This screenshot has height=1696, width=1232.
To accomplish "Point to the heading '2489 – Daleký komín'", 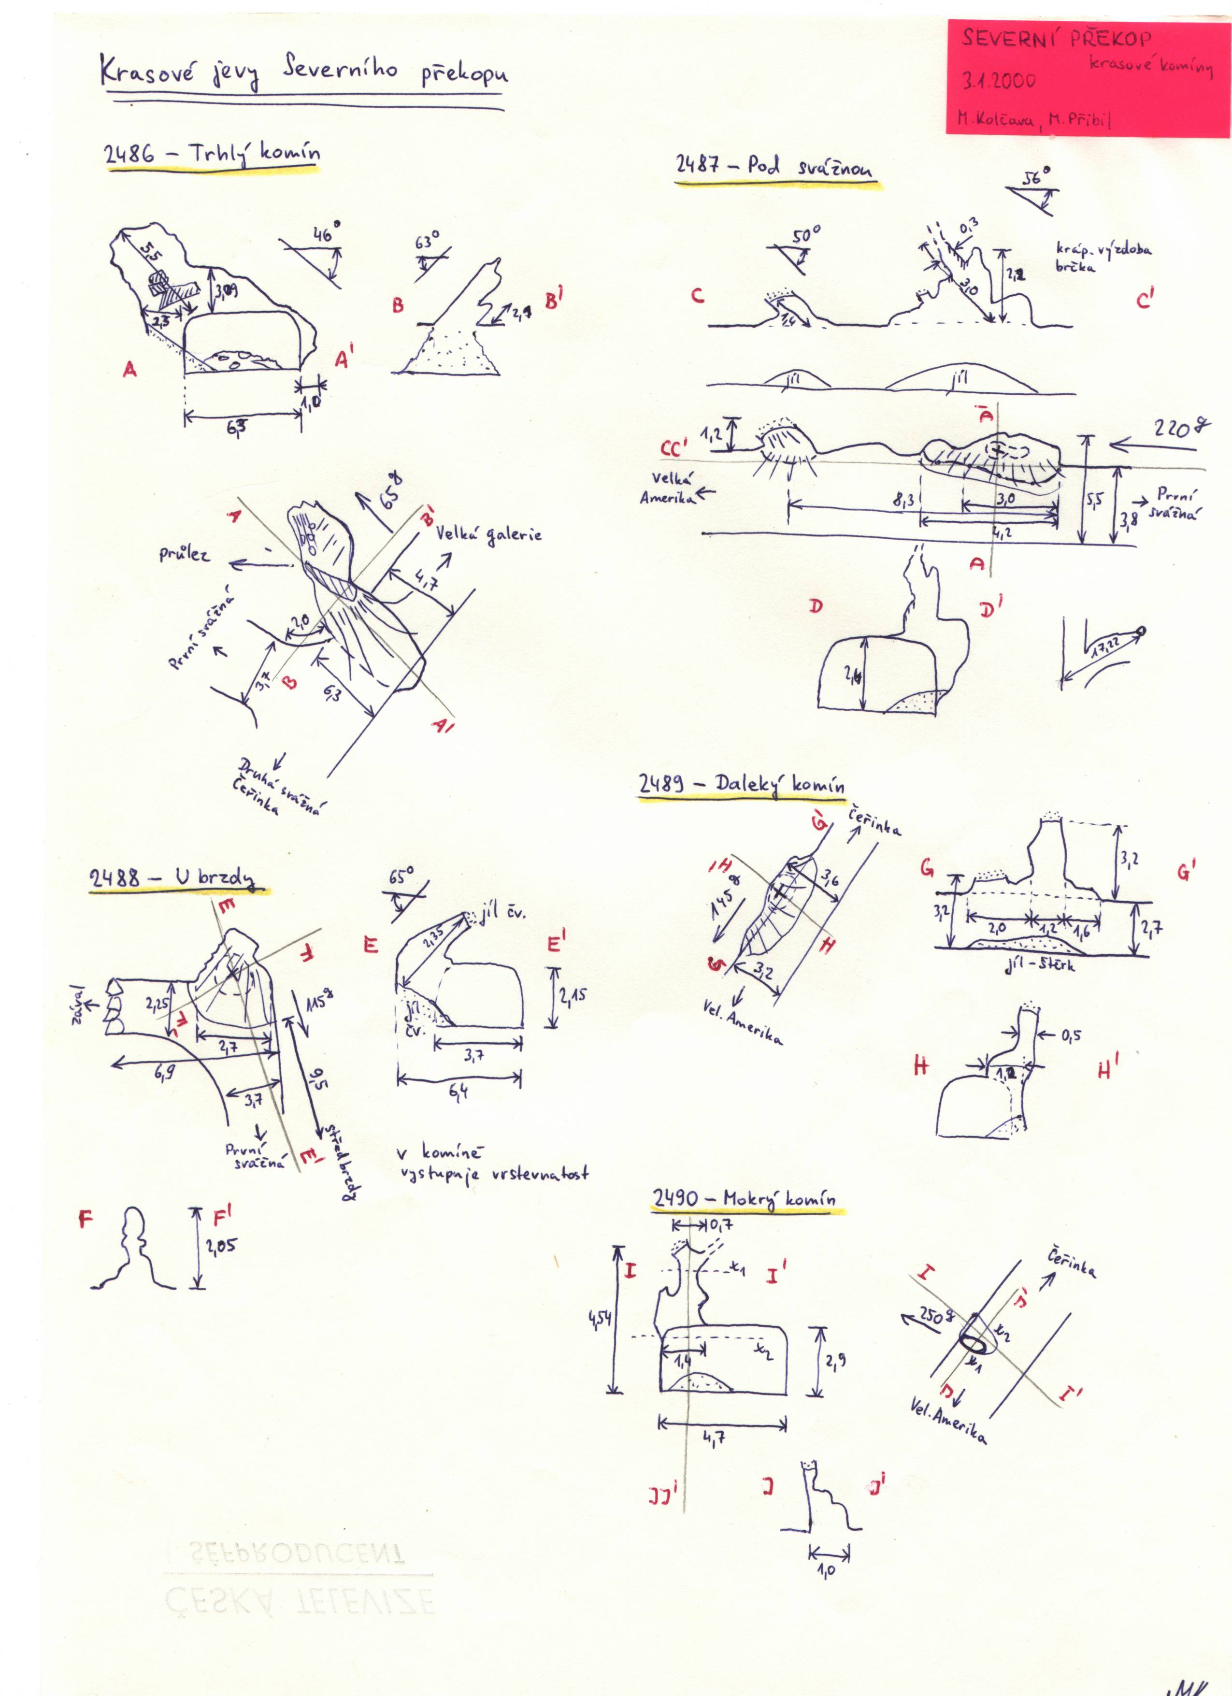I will [742, 784].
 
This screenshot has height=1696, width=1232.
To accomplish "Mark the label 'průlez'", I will [184, 554].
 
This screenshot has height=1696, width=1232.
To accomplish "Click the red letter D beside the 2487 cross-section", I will [816, 606].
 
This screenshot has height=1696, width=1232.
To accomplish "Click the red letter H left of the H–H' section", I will [920, 1067].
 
